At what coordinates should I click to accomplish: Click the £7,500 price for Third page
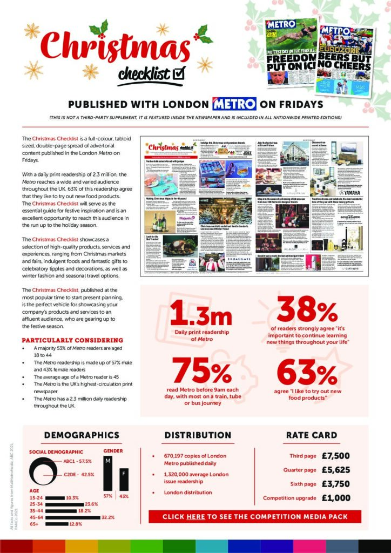tap(335, 455)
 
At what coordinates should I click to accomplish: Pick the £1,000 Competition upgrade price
tap(335, 498)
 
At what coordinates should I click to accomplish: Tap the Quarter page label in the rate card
tap(300, 470)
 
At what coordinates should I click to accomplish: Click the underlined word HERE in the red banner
tap(195, 517)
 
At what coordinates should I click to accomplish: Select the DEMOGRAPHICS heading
tap(82, 435)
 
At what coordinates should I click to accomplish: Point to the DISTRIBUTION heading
tap(198, 435)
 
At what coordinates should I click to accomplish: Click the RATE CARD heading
tap(312, 435)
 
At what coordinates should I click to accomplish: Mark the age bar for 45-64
tap(73, 517)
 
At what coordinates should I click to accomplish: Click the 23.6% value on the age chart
tap(92, 503)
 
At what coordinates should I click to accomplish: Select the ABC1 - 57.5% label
tap(77, 461)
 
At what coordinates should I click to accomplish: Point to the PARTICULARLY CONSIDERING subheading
tap(72, 340)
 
